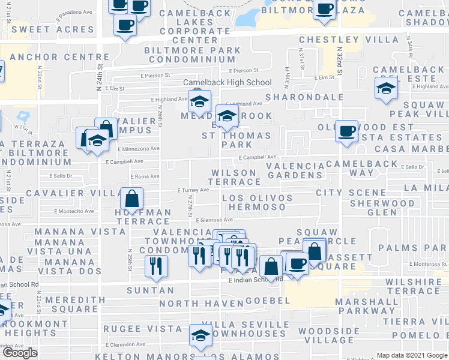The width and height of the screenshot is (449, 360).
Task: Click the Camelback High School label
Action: click(x=228, y=82)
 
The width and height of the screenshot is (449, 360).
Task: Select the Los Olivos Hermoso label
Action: click(x=257, y=202)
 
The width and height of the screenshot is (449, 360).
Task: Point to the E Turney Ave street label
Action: click(x=193, y=190)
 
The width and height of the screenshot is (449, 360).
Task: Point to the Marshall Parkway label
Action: click(x=367, y=306)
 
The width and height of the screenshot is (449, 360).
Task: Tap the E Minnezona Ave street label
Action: click(x=139, y=149)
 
